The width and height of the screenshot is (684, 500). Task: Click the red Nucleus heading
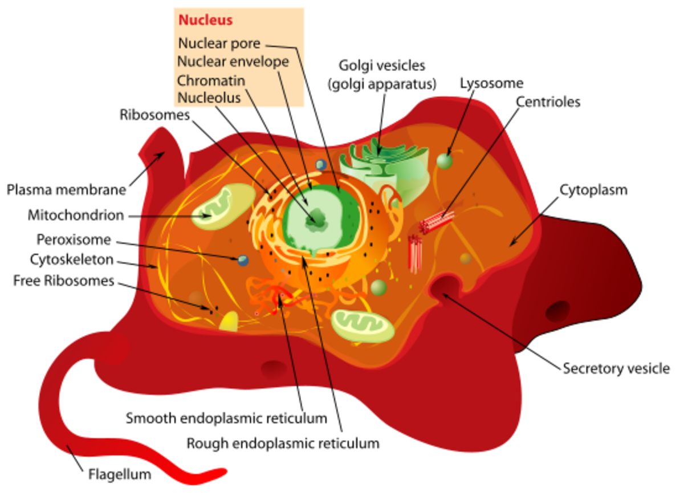tap(205, 21)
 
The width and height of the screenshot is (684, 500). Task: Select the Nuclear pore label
tap(219, 43)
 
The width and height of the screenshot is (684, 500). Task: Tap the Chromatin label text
tap(211, 80)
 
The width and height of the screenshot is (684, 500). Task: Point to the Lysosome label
tap(491, 83)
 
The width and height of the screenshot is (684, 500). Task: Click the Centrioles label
tap(548, 102)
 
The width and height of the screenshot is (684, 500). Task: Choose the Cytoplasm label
tap(593, 189)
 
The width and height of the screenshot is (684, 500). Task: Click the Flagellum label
tap(119, 474)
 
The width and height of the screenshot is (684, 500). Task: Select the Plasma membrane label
tap(66, 190)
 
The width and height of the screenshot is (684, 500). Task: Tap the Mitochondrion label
tap(76, 216)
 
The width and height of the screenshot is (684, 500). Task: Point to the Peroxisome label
tap(74, 239)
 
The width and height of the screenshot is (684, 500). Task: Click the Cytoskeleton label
tap(72, 260)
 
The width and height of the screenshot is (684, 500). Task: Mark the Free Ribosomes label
tap(64, 281)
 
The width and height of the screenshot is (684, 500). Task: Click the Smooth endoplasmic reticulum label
tap(226, 418)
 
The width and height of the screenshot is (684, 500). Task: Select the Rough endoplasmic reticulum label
tap(283, 442)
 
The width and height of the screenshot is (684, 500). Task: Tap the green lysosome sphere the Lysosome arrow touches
tap(445, 160)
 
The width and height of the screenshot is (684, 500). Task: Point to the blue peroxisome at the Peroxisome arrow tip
tap(243, 261)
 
